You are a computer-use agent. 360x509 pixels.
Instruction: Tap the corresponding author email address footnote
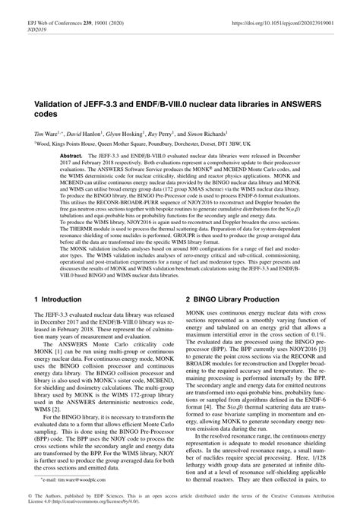tap(73, 481)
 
